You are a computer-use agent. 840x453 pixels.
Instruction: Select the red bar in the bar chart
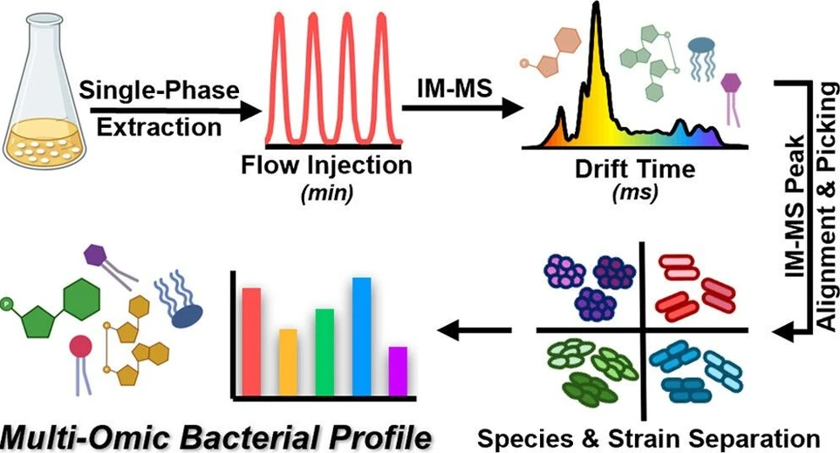pyautogui.click(x=251, y=340)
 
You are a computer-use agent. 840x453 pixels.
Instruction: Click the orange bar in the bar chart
pyautogui.click(x=288, y=361)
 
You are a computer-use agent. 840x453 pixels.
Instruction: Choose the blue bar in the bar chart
pyautogui.click(x=361, y=335)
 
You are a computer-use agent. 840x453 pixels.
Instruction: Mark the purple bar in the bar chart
pyautogui.click(x=398, y=369)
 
